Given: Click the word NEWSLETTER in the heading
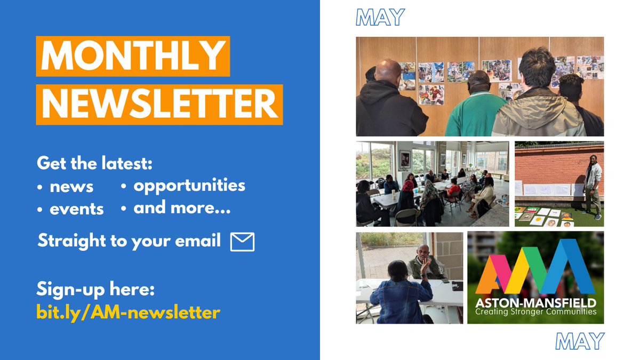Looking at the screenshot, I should tap(159, 105).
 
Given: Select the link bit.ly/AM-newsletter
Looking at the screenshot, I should tap(128, 312).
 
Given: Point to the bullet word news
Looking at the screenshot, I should tap(71, 187).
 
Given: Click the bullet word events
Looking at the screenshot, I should tap(76, 209).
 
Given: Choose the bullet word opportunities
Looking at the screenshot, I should tap(189, 185).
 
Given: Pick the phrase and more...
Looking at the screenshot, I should tap(182, 208).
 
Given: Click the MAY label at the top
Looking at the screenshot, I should tap(380, 18).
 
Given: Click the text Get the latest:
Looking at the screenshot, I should tap(94, 163).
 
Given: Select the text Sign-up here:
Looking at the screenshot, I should tap(95, 290).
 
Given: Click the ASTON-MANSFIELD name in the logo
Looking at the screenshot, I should tap(535, 302).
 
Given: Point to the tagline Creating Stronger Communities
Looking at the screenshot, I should tap(535, 311).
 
